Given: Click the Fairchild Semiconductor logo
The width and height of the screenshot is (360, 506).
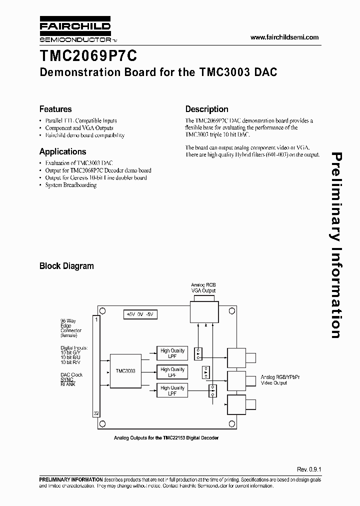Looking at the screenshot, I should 75,31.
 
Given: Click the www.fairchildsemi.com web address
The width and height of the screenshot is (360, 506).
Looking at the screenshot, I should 284,37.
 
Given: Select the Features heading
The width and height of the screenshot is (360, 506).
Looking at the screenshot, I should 55,109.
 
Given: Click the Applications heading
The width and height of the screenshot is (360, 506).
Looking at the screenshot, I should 62,151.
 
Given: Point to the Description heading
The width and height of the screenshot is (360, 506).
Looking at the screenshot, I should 206,109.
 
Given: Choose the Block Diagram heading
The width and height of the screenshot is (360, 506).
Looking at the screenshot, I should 66,266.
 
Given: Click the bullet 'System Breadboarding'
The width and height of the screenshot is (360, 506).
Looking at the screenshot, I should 70,185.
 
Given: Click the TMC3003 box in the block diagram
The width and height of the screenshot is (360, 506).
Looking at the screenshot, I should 125,371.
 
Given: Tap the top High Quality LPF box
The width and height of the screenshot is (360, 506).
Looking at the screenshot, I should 172,353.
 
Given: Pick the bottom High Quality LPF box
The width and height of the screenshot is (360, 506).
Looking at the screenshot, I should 172,390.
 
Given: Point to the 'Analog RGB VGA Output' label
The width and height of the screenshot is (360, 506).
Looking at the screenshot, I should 203,287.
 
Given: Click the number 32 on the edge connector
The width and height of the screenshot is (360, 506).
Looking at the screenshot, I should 95,413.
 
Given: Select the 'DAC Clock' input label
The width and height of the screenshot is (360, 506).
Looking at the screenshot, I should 71,375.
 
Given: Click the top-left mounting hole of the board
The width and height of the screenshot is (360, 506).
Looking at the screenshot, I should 100,310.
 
